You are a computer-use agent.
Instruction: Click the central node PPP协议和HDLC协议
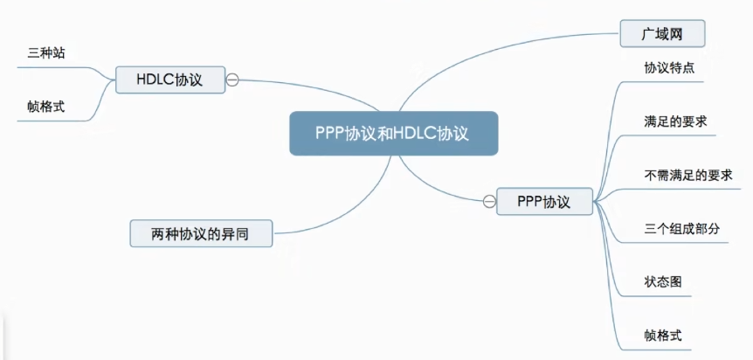pyautogui.click(x=393, y=134)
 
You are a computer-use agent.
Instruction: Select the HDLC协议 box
pyautogui.click(x=169, y=80)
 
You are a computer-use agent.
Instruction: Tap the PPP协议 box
pyautogui.click(x=543, y=202)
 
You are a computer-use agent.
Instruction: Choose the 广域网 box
pyautogui.click(x=661, y=33)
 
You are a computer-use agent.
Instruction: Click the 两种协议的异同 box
pyautogui.click(x=200, y=233)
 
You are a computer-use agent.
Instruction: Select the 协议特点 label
pyautogui.click(x=669, y=68)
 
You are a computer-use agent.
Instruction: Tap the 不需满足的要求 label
pyautogui.click(x=687, y=175)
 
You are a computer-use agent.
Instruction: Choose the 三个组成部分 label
pyautogui.click(x=681, y=229)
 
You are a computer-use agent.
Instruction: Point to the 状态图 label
pyautogui.click(x=663, y=283)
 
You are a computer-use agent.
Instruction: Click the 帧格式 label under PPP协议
pyautogui.click(x=663, y=336)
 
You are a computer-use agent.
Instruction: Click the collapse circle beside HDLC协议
pyautogui.click(x=232, y=80)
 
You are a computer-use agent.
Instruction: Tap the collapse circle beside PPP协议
pyautogui.click(x=488, y=202)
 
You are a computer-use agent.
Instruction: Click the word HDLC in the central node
pyautogui.click(x=415, y=134)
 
